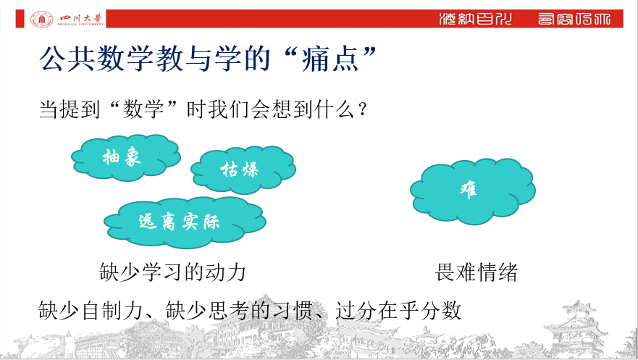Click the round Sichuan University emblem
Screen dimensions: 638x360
[41, 19]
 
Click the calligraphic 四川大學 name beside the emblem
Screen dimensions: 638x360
[81, 19]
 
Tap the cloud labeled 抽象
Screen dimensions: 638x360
[126, 157]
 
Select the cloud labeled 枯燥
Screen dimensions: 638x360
[243, 169]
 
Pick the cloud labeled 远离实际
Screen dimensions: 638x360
[185, 222]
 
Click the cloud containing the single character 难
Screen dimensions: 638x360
[473, 191]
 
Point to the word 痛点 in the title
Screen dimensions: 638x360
[330, 59]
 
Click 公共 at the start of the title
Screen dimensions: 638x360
[67, 59]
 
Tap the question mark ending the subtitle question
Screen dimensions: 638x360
[363, 110]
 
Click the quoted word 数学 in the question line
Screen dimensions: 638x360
[143, 109]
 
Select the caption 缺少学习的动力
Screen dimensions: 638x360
[173, 272]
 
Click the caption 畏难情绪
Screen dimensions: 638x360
[476, 272]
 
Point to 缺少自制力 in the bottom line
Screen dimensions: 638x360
[91, 310]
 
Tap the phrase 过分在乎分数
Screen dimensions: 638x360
[398, 310]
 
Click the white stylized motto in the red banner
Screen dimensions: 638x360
[524, 19]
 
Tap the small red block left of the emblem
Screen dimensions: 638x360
[20, 19]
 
